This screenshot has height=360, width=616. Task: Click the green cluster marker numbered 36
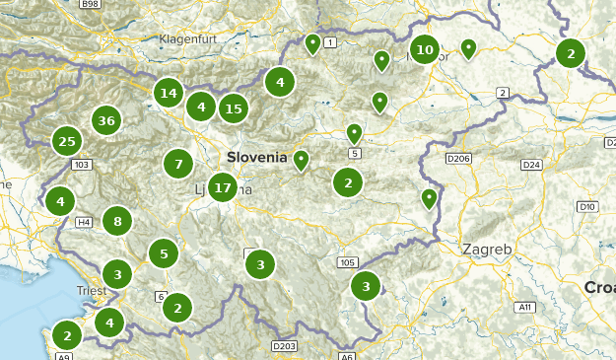106,121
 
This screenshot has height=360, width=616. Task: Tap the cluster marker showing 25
67,141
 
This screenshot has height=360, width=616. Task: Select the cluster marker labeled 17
223,186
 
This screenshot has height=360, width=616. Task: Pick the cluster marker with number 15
233,108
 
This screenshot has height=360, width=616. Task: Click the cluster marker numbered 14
169,94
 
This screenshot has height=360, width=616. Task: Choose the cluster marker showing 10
425,49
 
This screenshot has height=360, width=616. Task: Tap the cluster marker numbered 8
117,222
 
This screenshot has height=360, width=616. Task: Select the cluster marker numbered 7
178,164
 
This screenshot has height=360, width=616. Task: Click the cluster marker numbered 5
164,253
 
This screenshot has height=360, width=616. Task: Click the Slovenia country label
256,157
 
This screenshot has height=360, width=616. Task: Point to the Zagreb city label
487,250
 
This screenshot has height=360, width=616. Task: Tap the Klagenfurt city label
187,39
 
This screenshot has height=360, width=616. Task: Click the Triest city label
92,291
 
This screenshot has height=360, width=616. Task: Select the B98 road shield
90,5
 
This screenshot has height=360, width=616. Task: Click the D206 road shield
458,158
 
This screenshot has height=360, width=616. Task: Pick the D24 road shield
532,164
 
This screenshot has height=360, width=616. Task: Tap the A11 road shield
525,308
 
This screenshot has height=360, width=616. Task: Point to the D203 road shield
284,346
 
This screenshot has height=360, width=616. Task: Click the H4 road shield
85,222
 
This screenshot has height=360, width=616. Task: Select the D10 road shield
587,206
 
